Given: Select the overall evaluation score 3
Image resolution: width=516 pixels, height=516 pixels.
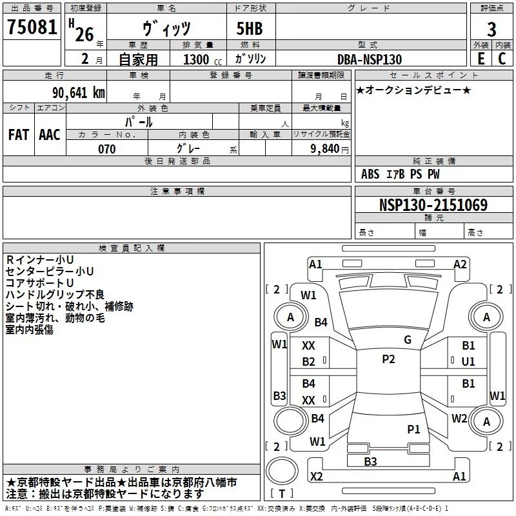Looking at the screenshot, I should point(491,29).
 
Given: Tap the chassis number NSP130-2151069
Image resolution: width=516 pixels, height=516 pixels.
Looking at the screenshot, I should point(433,205).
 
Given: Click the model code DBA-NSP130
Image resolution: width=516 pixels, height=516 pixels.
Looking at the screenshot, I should point(370,59).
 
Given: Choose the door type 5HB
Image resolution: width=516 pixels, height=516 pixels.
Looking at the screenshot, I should point(250,29).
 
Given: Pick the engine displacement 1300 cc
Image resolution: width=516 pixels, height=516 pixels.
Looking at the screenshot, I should point(196,59).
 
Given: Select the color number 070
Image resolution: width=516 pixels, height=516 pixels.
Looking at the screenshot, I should point(106,149).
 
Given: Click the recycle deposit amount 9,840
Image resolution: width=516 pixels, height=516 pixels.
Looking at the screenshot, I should point(326,149).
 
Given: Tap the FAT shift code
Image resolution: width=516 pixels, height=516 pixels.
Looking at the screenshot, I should point(18,135).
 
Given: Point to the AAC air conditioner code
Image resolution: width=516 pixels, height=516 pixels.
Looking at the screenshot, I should point(50,135).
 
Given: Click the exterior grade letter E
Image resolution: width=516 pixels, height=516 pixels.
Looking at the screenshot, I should point(481,59).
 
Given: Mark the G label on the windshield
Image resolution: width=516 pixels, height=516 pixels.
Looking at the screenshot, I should point(407,340).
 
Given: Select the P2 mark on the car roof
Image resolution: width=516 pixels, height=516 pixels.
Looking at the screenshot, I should point(388,359).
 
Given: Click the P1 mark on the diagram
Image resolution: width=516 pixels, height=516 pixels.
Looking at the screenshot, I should point(413,428).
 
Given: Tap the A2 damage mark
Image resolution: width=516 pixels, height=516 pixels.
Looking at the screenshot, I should point(460,264).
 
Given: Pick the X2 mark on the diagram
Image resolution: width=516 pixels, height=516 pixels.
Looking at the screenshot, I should point(317,476).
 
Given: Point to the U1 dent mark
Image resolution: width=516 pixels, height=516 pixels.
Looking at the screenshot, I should point(468,362).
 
